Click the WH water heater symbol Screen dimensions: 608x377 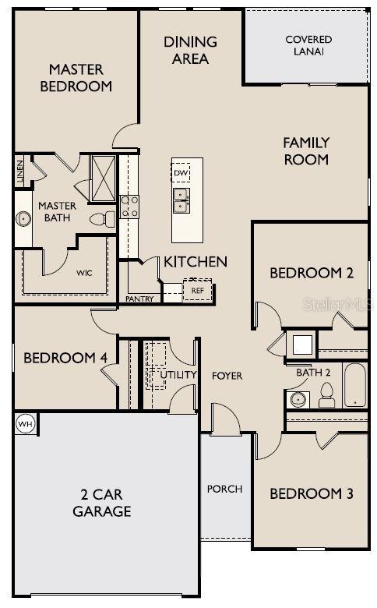[x=24, y=423]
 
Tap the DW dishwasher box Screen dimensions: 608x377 [x=181, y=173]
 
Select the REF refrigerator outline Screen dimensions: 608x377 [x=197, y=290]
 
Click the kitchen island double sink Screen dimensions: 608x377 [x=181, y=200]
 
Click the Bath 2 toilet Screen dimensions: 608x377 [x=327, y=397]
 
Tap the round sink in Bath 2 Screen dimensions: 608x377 [x=297, y=399]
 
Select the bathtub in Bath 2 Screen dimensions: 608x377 [x=354, y=384]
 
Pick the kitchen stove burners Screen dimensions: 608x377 [x=129, y=206]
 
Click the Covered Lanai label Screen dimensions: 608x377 [x=308, y=45]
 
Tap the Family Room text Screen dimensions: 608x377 [x=306, y=151]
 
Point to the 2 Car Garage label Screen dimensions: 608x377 [x=101, y=503]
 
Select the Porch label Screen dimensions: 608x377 [x=224, y=489]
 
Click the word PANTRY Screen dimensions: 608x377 [x=140, y=299]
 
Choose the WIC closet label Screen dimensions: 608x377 [x=85, y=274]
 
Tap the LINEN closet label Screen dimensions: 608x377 [x=20, y=171]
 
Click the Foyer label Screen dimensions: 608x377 [x=227, y=376]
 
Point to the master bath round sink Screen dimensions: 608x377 [x=24, y=218]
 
